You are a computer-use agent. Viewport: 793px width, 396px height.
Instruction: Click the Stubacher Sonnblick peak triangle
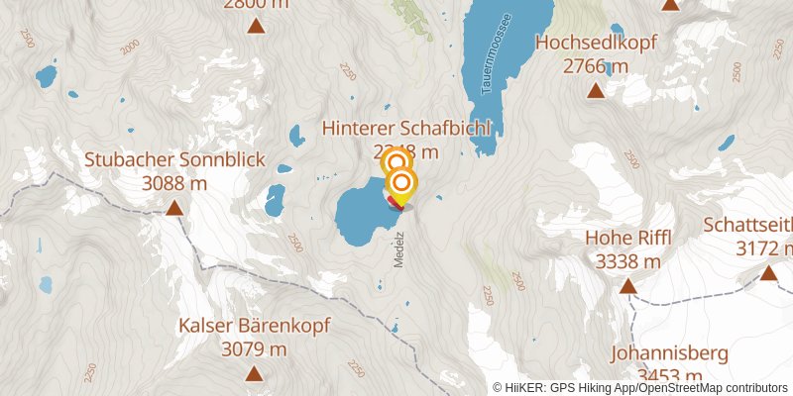(x=174, y=207)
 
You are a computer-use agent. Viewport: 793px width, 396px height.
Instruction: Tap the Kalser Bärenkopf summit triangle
(x=255, y=373)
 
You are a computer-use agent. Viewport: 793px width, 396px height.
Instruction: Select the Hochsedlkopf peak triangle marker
(x=596, y=91)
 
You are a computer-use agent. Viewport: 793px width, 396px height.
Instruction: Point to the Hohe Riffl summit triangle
(x=627, y=286)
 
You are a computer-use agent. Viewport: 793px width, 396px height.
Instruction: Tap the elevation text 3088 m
(x=174, y=183)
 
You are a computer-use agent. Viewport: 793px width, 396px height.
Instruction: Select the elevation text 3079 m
(x=254, y=348)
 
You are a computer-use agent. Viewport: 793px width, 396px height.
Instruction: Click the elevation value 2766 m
(x=596, y=66)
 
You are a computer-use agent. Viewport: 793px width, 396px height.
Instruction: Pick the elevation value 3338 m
(x=628, y=261)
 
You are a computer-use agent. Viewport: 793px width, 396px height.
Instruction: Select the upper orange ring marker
(x=396, y=162)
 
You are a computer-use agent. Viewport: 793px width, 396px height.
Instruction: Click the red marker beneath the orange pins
(x=395, y=203)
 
